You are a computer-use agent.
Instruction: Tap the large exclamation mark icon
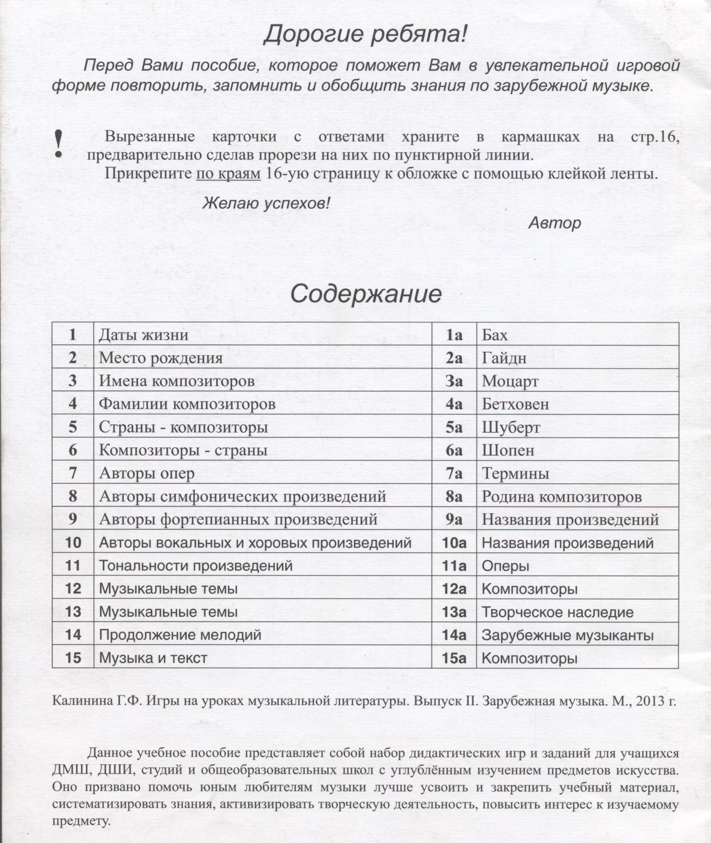click(59, 144)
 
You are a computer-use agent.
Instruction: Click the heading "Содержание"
click(366, 294)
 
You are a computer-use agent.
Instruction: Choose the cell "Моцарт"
click(510, 381)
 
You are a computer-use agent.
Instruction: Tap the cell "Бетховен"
click(515, 404)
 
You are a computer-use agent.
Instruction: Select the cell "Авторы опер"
click(147, 473)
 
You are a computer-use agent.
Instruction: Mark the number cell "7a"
click(454, 473)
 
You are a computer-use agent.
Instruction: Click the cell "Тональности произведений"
click(196, 566)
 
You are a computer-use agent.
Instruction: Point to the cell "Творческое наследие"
click(558, 613)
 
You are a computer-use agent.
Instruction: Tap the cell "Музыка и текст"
click(153, 659)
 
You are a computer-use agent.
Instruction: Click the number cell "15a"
click(454, 659)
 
